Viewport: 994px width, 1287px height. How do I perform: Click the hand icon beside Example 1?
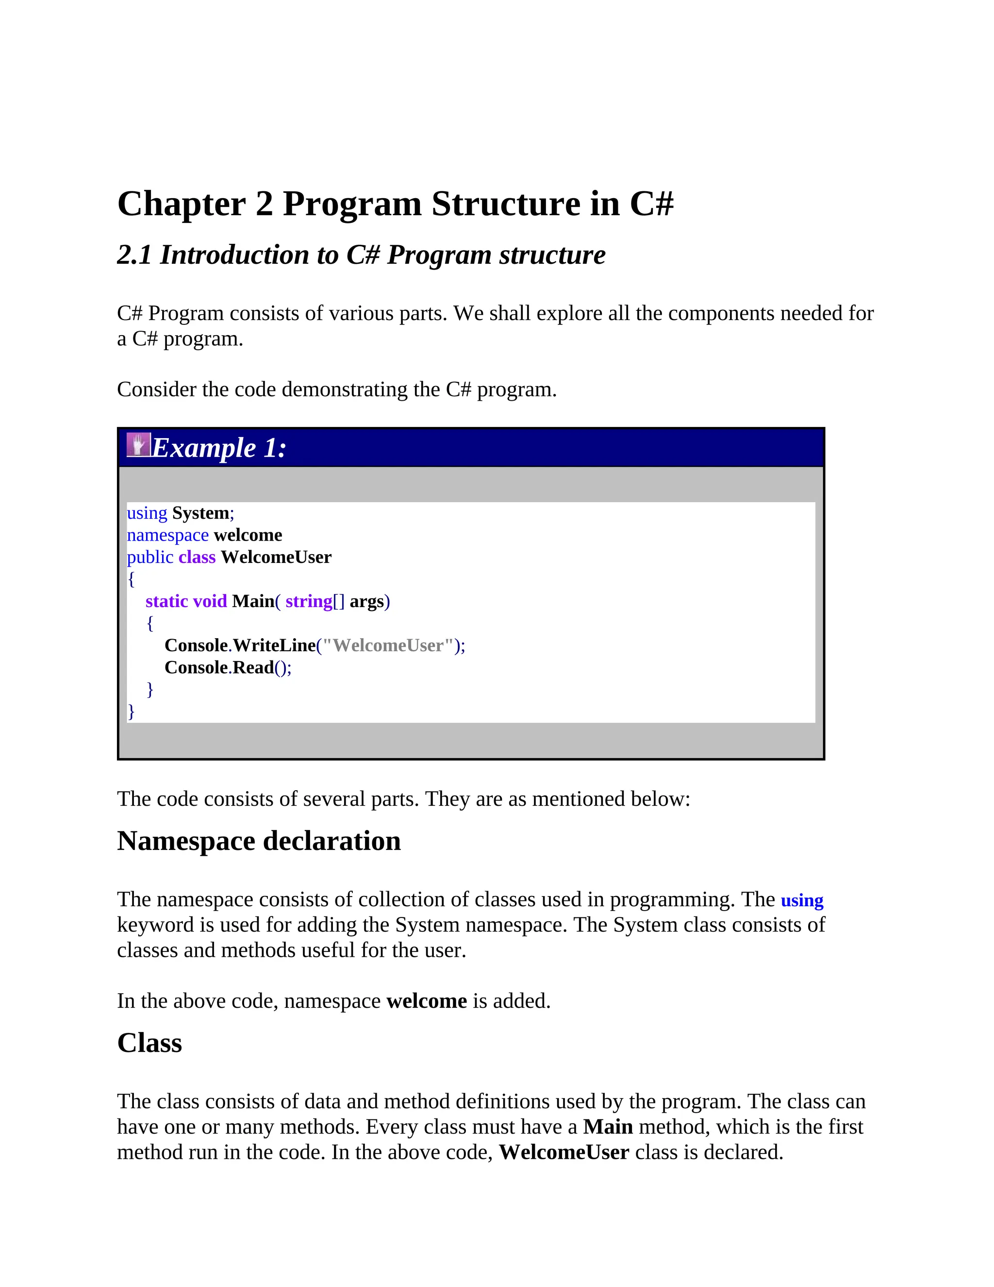138,445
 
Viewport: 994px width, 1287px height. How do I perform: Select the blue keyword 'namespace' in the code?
168,535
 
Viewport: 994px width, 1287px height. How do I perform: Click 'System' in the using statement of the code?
200,513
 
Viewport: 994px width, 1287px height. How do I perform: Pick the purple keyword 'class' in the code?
197,558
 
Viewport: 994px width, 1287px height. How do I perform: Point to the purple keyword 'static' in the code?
166,602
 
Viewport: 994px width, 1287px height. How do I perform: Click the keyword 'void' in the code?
210,602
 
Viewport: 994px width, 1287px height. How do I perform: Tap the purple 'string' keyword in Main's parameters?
309,602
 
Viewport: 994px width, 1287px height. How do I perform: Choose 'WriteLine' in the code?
274,646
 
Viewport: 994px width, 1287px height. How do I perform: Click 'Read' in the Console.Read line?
253,668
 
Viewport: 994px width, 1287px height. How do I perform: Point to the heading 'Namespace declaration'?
259,841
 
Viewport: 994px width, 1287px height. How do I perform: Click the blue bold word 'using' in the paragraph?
801,900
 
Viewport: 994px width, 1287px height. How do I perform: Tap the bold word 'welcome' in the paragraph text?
426,1001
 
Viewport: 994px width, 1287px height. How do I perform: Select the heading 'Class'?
149,1043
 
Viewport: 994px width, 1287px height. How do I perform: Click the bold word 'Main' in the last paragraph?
608,1127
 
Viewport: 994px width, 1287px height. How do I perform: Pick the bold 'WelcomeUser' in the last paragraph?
564,1152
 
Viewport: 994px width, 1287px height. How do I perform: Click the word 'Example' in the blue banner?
204,448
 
